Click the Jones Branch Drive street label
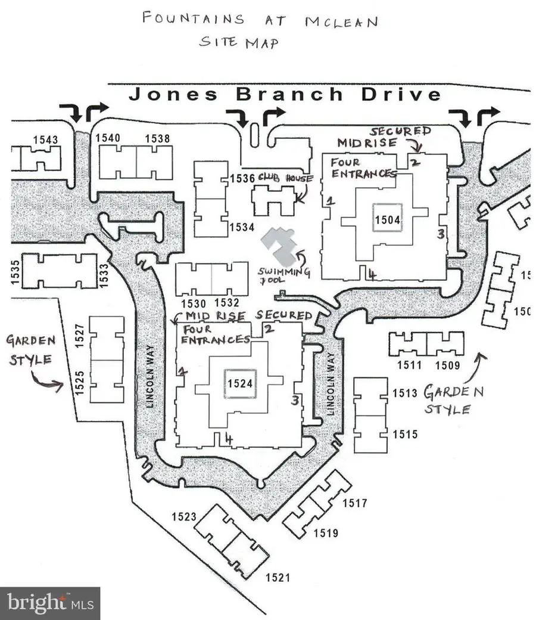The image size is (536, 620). pos(285,94)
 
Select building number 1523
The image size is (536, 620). pos(184,516)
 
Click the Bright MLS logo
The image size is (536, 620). pos(49,603)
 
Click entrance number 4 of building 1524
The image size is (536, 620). pos(228,439)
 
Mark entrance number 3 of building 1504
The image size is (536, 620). pos(440,234)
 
